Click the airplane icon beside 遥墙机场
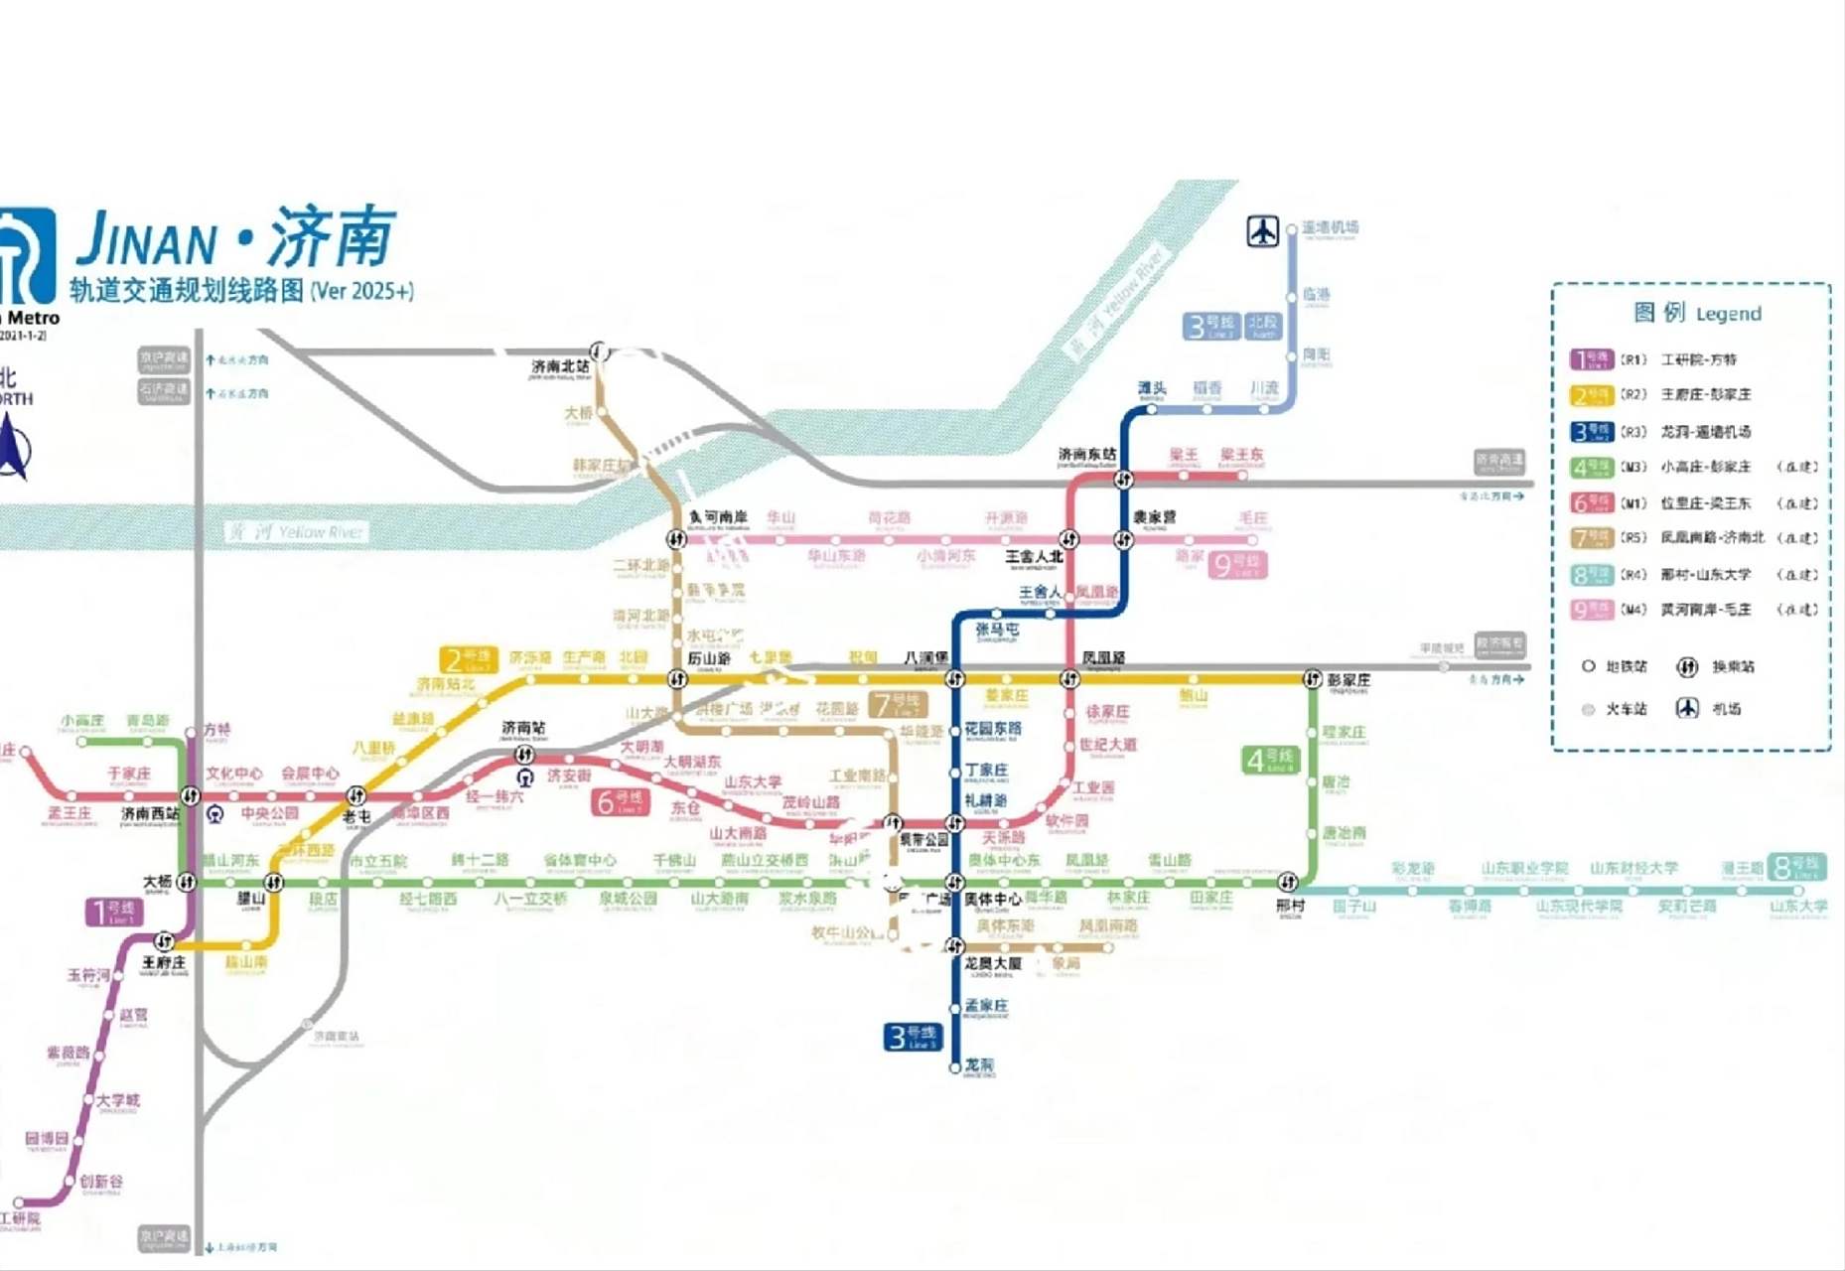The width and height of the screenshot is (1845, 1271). pos(1262,231)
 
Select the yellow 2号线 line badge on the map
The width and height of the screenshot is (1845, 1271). pos(468,660)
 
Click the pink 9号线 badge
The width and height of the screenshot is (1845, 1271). pos(1237,565)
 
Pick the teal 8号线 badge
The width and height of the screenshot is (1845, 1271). pos(1795,867)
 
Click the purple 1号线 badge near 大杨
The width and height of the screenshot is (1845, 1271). pos(114,912)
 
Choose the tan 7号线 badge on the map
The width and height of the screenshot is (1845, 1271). pos(897,704)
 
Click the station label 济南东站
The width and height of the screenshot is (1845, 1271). pos(1086,455)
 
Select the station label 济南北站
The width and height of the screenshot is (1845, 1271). pos(560,367)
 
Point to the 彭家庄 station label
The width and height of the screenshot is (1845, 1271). pos(1348,680)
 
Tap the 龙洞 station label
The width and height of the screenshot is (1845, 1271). pos(978,1064)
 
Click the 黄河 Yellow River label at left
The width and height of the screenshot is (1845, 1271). pos(295,532)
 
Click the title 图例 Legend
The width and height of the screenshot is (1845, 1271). pos(1697,314)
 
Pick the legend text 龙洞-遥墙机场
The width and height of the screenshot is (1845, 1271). pos(1705,432)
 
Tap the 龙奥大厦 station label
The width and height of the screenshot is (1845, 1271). pos(992,963)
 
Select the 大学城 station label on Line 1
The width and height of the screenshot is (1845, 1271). pos(118,1100)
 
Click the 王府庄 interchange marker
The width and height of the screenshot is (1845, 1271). pos(165,941)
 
